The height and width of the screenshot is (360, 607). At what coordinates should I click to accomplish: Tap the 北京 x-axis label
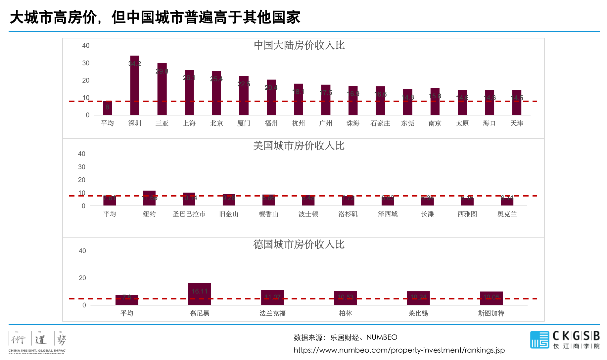(x=216, y=123)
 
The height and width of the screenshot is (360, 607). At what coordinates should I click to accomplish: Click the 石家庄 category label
(x=380, y=123)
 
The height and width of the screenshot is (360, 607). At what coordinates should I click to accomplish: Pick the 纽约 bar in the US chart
(x=149, y=198)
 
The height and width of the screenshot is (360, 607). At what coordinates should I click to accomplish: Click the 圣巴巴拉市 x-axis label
(x=189, y=214)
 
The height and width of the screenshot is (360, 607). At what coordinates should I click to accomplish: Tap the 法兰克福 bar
(x=272, y=297)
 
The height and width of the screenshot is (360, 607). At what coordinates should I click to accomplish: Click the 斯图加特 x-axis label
(x=491, y=313)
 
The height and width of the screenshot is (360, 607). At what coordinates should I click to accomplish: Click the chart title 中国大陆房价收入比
(x=299, y=45)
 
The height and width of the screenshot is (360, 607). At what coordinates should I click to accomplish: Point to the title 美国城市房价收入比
(x=299, y=146)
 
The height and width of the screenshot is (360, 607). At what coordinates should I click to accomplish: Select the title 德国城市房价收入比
(x=299, y=245)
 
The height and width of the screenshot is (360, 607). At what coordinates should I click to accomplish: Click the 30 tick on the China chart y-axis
(x=86, y=63)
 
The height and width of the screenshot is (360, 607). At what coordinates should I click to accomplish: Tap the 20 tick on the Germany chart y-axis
(x=82, y=278)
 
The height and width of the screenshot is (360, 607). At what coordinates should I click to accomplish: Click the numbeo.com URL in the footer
(x=399, y=350)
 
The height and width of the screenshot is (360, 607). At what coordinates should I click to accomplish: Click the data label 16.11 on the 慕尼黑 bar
(x=200, y=291)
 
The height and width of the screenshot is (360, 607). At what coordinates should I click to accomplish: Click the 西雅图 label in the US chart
(x=467, y=214)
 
